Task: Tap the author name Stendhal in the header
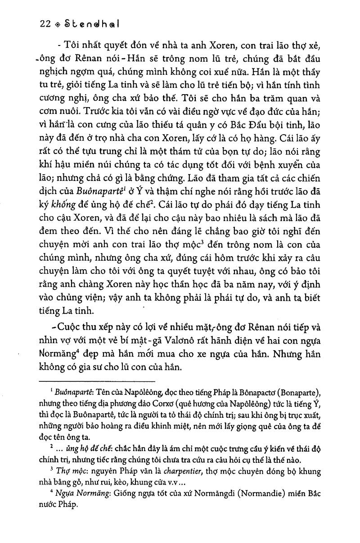(x=89, y=25)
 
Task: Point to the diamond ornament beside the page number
(x=56, y=26)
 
